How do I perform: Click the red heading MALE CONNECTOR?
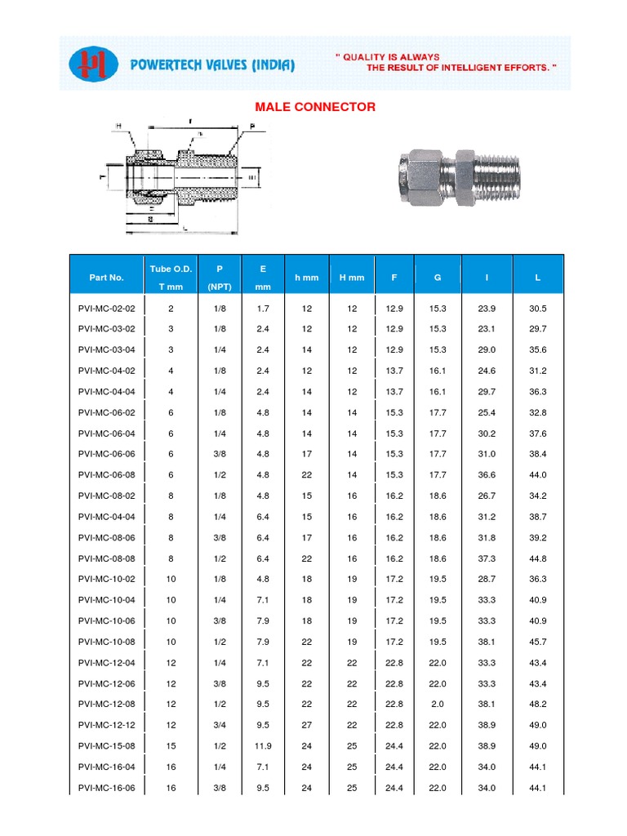tap(315, 107)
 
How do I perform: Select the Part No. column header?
tap(106, 278)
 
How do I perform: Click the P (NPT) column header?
tap(219, 278)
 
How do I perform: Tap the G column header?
tap(438, 278)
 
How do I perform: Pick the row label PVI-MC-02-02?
tap(106, 309)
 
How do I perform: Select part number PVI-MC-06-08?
tap(106, 475)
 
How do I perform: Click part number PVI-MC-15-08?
tap(106, 746)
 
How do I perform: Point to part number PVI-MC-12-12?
tap(106, 725)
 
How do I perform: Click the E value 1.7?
tap(262, 309)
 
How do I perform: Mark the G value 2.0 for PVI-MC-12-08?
tap(438, 705)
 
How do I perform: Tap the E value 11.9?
tap(262, 746)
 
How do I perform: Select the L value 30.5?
tap(537, 309)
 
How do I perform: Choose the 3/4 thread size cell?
tap(219, 725)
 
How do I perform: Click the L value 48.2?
tap(537, 705)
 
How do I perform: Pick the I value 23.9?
tap(487, 309)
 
